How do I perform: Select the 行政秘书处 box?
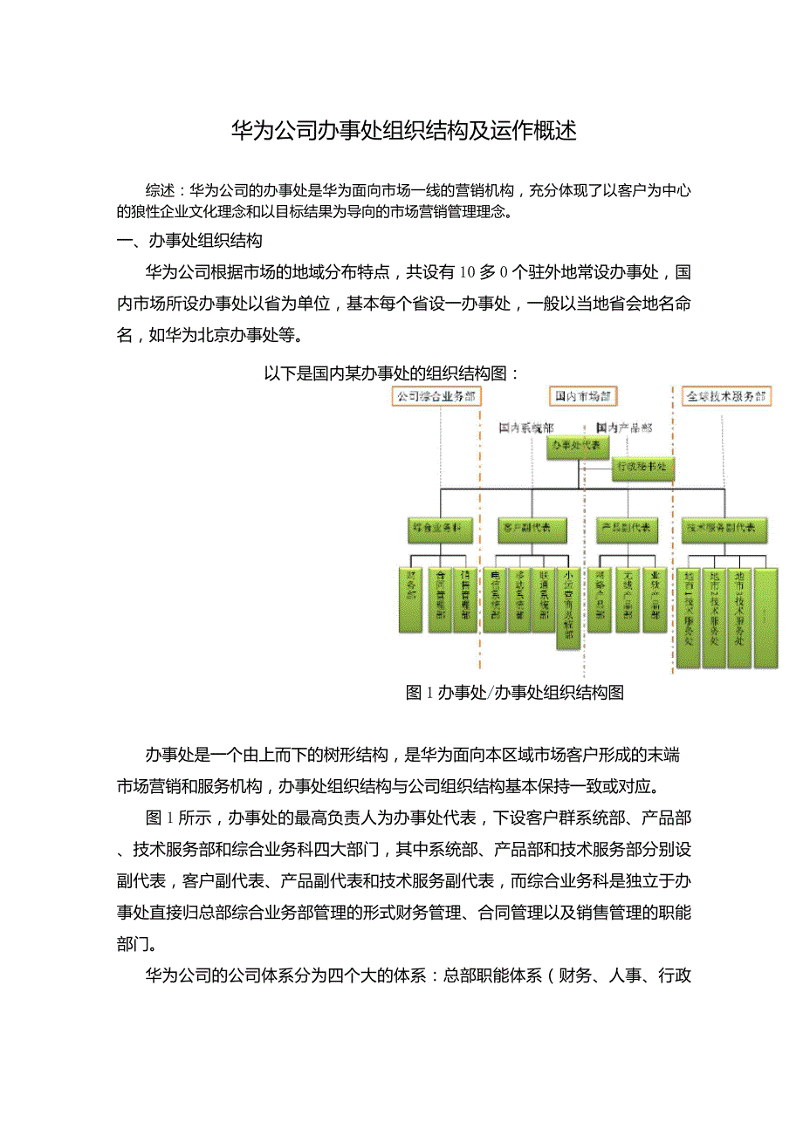tap(642, 468)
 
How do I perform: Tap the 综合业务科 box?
tap(440, 529)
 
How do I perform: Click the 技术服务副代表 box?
tap(725, 529)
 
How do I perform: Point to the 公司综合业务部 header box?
tap(436, 396)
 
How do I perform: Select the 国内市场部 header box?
tap(582, 396)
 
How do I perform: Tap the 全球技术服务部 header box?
tap(725, 396)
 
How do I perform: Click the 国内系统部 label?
tap(525, 428)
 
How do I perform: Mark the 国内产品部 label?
tap(623, 428)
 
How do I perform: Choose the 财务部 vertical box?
tap(411, 600)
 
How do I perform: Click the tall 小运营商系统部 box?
tap(568, 609)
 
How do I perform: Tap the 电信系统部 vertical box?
tap(495, 600)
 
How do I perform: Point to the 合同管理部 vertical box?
tap(440, 600)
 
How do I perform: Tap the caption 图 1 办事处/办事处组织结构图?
tap(515, 693)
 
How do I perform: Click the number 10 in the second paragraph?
tap(465, 272)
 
